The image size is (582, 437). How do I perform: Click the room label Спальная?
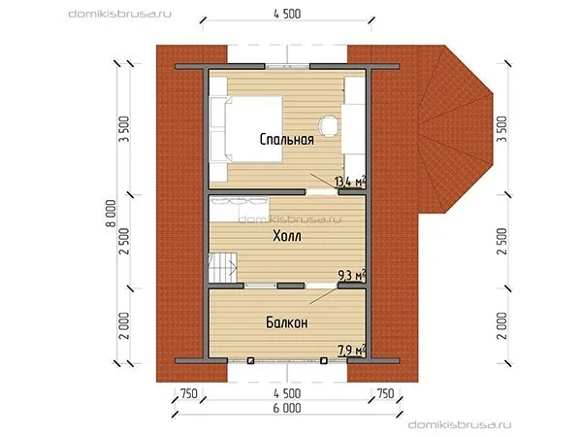click(x=286, y=139)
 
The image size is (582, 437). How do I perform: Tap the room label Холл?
click(x=286, y=236)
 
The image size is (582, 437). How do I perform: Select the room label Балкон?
click(x=286, y=322)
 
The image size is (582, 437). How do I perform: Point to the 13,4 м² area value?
click(x=350, y=182)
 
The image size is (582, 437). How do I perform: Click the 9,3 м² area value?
click(x=351, y=276)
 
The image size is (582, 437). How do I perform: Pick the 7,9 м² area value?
click(x=351, y=350)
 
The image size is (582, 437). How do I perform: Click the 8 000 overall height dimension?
click(x=111, y=214)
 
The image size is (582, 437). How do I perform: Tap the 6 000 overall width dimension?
click(x=287, y=408)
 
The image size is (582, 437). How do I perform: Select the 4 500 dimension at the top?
click(x=287, y=15)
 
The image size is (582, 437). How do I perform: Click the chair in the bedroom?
click(x=329, y=126)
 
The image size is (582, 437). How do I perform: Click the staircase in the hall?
click(x=223, y=268)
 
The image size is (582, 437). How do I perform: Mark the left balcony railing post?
click(x=250, y=360)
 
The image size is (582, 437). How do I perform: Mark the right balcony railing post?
click(x=324, y=360)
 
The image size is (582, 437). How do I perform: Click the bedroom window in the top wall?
click(x=287, y=66)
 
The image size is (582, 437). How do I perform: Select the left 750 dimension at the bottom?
click(x=188, y=393)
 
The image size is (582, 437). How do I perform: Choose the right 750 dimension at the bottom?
click(x=385, y=393)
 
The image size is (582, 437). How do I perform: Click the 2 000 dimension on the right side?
click(x=501, y=325)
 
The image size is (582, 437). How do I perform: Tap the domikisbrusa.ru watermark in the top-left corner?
click(x=120, y=15)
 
